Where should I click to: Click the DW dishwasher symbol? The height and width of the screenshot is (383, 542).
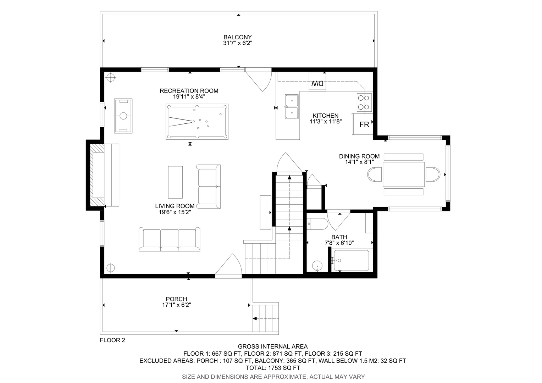pyautogui.click(x=317, y=82)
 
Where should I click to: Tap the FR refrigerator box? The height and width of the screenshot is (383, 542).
pyautogui.click(x=363, y=124)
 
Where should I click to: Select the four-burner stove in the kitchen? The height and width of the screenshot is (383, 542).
pyautogui.click(x=364, y=102)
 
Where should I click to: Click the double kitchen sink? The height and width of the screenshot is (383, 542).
pyautogui.click(x=292, y=107)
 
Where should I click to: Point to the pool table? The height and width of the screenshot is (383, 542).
pyautogui.click(x=197, y=122)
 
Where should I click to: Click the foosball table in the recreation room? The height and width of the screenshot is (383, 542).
pyautogui.click(x=123, y=116)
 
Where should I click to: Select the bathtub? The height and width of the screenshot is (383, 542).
pyautogui.click(x=351, y=260)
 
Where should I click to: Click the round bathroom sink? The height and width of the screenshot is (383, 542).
pyautogui.click(x=317, y=266)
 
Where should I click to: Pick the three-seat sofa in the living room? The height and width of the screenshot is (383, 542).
pyautogui.click(x=170, y=239)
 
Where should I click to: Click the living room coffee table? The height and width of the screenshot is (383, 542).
pyautogui.click(x=176, y=182)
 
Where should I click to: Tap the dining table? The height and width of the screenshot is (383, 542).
pyautogui.click(x=404, y=174)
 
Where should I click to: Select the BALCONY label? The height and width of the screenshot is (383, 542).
pyautogui.click(x=238, y=37)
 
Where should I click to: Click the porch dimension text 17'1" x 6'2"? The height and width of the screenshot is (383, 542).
pyautogui.click(x=177, y=305)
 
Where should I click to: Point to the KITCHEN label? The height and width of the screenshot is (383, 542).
pyautogui.click(x=325, y=116)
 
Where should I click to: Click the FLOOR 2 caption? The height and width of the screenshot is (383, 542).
pyautogui.click(x=112, y=340)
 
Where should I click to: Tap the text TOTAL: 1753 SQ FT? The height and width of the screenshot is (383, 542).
pyautogui.click(x=273, y=368)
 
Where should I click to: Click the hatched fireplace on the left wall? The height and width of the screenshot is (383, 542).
pyautogui.click(x=97, y=175)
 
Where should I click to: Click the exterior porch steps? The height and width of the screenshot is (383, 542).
pyautogui.click(x=266, y=318)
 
